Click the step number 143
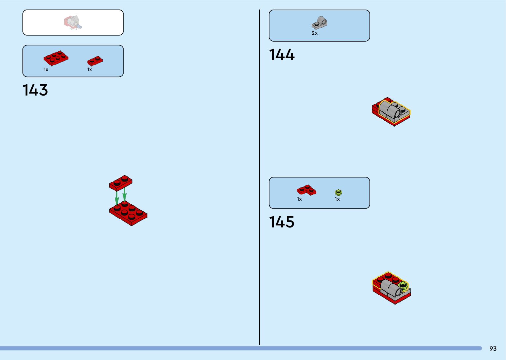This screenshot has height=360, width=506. pos(35,90)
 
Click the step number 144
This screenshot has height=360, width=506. pos(282,55)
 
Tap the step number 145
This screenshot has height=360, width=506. pos(282,222)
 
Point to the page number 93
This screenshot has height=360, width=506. pos(493,349)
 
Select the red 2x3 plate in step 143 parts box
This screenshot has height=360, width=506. pos(56,58)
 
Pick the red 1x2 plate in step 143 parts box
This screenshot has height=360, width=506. pos(95,60)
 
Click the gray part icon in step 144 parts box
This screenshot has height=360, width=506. pos(319,23)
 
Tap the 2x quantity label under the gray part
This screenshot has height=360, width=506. pos(315,33)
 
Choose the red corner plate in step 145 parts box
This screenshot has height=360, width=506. pos(306,190)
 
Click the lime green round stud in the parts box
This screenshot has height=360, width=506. pos(338,192)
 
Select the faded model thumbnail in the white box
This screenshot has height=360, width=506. pos(73,22)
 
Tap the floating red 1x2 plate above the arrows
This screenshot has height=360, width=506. pos(121,182)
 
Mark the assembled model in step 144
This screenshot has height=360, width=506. pos(391,111)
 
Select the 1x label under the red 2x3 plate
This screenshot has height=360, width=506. pos(46,70)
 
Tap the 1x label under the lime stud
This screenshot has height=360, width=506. pos(337,199)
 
